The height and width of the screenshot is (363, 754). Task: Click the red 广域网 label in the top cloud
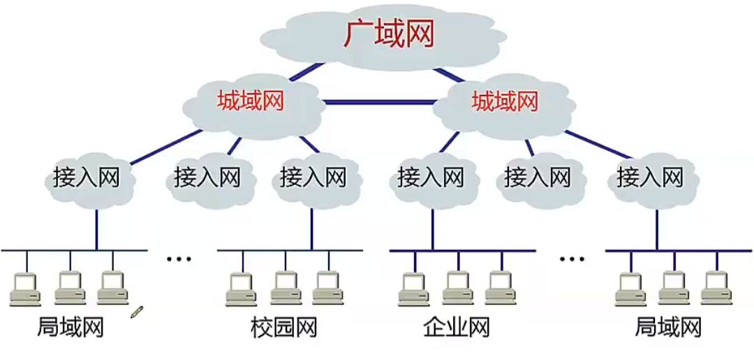click(x=388, y=34)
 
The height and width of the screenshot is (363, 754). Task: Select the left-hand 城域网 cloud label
click(x=251, y=102)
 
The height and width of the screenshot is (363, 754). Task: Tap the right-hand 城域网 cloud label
click(x=505, y=102)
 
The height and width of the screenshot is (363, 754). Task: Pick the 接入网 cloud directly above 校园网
click(x=313, y=177)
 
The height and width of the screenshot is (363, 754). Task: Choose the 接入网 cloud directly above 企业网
click(x=431, y=177)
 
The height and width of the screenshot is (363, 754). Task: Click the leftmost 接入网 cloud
click(x=87, y=177)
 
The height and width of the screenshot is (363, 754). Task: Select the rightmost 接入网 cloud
click(x=649, y=177)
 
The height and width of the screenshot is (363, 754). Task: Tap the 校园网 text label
click(x=283, y=327)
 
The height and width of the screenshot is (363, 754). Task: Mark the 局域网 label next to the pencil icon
click(x=70, y=327)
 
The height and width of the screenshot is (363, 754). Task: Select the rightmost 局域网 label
click(x=668, y=327)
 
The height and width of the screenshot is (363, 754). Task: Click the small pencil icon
click(x=137, y=311)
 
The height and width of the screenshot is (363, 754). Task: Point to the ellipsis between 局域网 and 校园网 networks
click(x=179, y=260)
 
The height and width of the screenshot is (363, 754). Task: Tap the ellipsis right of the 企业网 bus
click(x=572, y=260)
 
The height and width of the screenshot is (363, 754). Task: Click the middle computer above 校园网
click(x=285, y=288)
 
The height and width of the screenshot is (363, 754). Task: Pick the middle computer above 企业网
click(x=458, y=288)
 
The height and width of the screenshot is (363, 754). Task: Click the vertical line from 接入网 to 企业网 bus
click(x=432, y=227)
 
